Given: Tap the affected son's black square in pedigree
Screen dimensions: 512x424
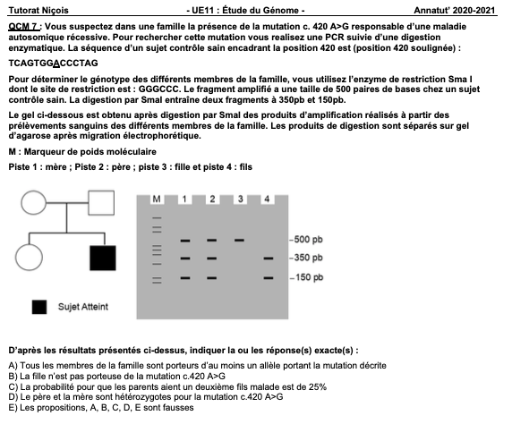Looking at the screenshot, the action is (x=103, y=259).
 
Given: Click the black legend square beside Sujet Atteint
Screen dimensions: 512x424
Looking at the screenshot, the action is (x=39, y=307).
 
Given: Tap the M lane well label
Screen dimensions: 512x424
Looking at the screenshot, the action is (x=157, y=199).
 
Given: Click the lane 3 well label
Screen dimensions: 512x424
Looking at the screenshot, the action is (x=240, y=199).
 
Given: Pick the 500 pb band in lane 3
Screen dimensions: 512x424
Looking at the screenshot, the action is (x=239, y=241).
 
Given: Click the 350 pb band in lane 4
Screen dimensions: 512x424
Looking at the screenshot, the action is (x=269, y=259).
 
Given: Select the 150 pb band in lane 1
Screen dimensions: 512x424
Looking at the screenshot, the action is (x=185, y=278).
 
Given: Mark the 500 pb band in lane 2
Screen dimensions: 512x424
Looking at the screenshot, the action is (x=211, y=241).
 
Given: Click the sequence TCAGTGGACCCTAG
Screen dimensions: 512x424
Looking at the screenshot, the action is (x=53, y=63).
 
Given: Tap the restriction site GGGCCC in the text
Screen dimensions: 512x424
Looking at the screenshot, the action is (x=158, y=89).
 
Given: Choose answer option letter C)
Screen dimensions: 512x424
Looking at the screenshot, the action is (x=13, y=386).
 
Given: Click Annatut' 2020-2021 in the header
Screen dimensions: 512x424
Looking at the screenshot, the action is (x=455, y=11).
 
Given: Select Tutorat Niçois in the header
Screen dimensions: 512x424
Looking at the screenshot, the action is (x=38, y=11).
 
